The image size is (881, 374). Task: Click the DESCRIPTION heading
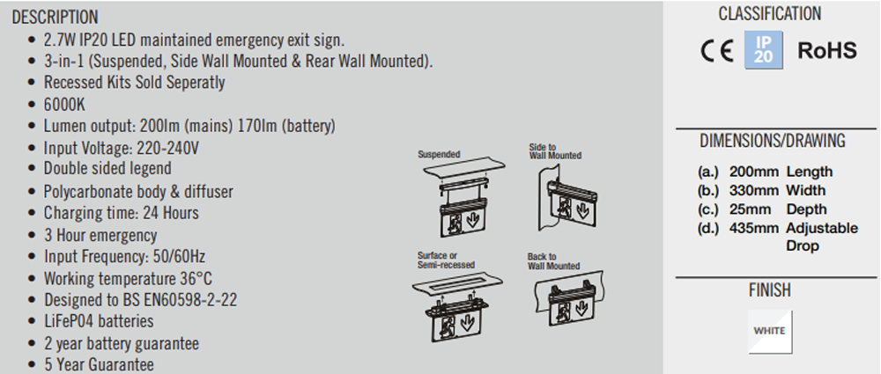[x=56, y=18]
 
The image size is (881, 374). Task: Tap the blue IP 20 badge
[x=763, y=51]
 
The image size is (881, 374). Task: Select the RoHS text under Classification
[x=826, y=51]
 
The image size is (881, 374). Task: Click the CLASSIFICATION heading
[x=769, y=14]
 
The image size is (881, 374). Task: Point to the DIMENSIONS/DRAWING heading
[x=772, y=141]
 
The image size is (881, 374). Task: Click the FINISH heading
[x=770, y=290]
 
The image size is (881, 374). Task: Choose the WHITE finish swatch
[x=770, y=331]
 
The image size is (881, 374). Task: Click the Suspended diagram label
[x=439, y=154]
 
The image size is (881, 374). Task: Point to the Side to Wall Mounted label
[x=555, y=151]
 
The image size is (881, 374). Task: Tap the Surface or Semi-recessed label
[x=446, y=260]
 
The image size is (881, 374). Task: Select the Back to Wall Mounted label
[x=553, y=261]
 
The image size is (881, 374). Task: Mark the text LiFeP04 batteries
[x=99, y=321]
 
